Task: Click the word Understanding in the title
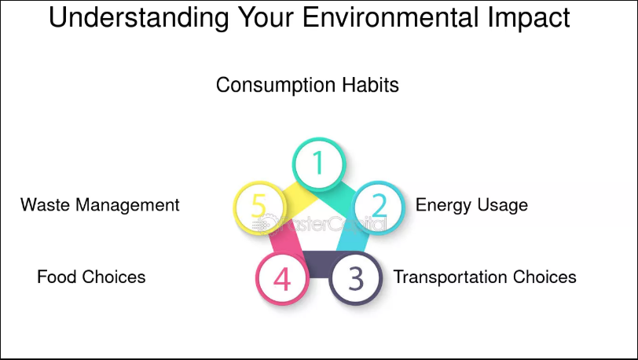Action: point(138,18)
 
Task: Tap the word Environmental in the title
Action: point(390,17)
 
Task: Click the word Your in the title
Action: point(266,17)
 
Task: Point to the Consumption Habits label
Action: point(307,85)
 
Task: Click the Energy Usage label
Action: point(471,205)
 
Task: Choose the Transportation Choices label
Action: point(485,277)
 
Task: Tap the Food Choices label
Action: point(91,277)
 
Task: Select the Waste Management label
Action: point(100,205)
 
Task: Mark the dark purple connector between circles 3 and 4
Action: point(318,265)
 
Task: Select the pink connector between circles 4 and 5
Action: point(287,243)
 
